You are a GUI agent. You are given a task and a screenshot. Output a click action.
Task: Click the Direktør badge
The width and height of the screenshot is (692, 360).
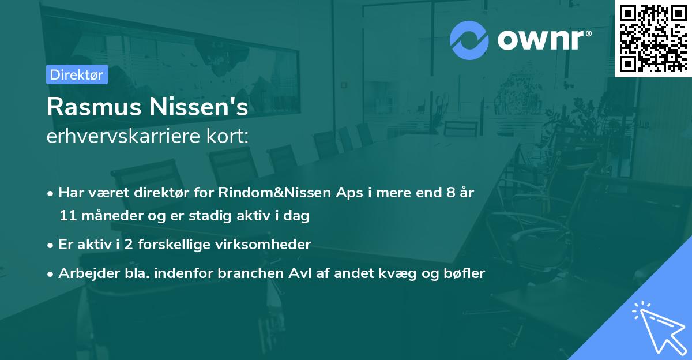point(77,74)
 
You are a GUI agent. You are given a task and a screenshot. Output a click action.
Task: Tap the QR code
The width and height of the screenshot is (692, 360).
point(653,39)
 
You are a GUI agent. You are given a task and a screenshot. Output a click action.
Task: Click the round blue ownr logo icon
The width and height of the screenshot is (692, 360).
point(469,40)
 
